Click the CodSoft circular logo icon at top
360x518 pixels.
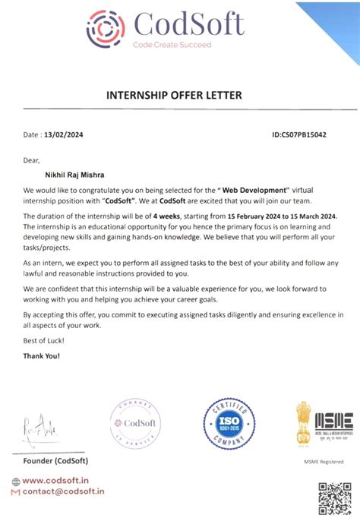[106, 28]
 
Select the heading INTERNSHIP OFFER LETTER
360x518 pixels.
[179, 96]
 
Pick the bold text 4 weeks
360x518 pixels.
[166, 216]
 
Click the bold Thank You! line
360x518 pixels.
[42, 355]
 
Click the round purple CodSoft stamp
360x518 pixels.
[135, 422]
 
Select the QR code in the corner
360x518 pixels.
[334, 497]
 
